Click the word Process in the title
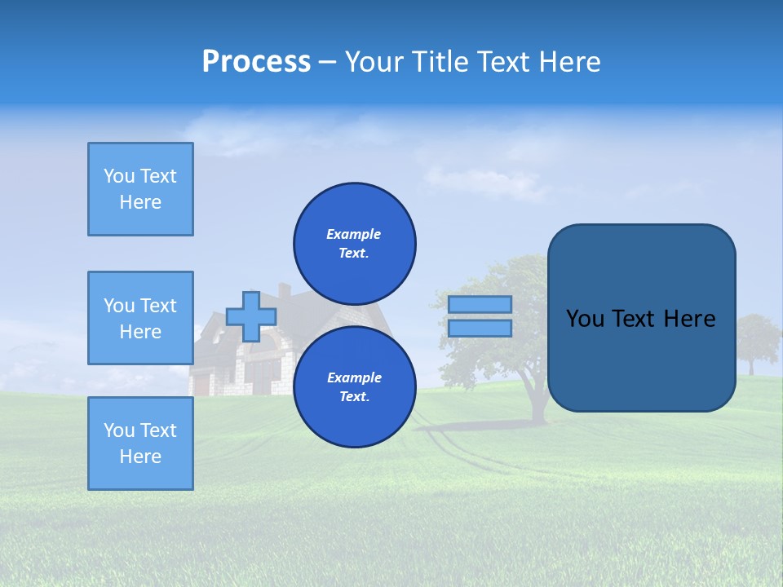[256, 62]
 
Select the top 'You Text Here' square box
[140, 189]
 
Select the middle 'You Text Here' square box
[140, 318]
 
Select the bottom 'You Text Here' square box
[140, 444]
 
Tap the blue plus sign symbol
[251, 316]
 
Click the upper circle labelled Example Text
[355, 243]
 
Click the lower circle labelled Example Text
[355, 386]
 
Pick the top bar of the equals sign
[480, 304]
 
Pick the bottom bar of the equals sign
[480, 328]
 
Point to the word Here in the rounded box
[689, 319]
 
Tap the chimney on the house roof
[284, 291]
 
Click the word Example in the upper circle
[354, 234]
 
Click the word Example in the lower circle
[354, 377]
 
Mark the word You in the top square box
[118, 176]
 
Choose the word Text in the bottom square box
[159, 430]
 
